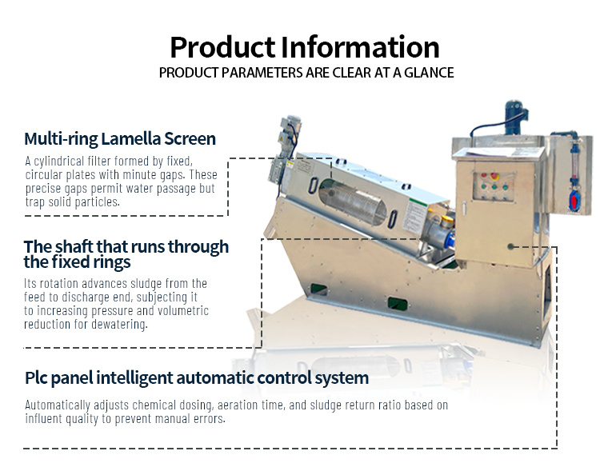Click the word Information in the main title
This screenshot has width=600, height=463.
coord(360,47)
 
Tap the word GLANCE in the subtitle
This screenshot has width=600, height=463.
coord(429,73)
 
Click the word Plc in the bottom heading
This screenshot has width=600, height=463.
coord(36,377)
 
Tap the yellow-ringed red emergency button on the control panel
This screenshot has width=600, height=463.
coord(494,176)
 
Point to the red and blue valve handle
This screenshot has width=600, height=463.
coord(574,200)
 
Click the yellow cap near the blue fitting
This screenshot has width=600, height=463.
coord(447,221)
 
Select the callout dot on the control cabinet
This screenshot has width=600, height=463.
coord(510,247)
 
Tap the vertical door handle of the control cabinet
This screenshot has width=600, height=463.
coord(463,208)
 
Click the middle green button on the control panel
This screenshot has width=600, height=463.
coord(494,187)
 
